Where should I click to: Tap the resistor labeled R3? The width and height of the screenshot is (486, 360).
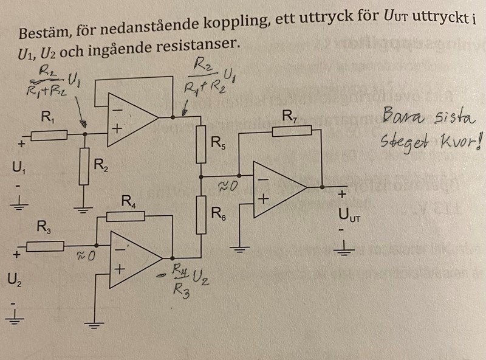pyautogui.click(x=46, y=246)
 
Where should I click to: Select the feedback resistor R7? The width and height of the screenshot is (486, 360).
pyautogui.click(x=292, y=130)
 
